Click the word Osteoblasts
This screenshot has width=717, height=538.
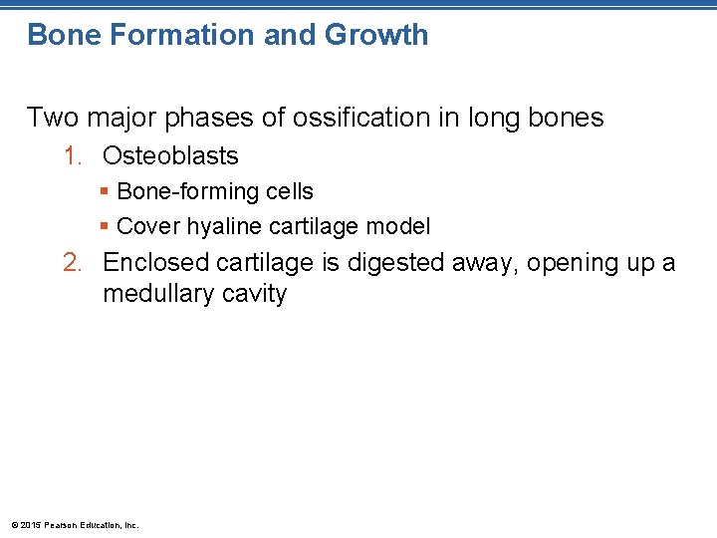coord(170,156)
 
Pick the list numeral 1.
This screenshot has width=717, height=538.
coord(70,156)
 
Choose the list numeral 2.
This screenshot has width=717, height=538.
coord(70,263)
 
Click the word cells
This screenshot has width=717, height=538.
coord(290,192)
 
